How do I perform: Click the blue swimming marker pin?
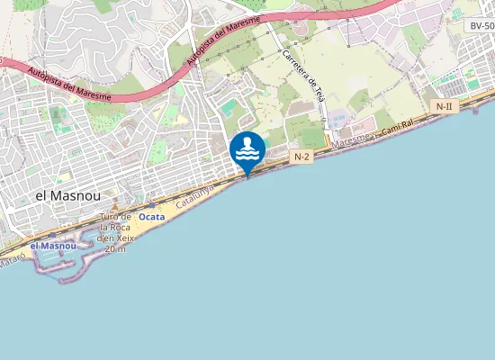pyautogui.click(x=247, y=150)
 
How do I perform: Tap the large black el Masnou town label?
pyautogui.click(x=67, y=195)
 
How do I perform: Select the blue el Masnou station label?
pyautogui.click(x=53, y=246)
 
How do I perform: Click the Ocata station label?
pyautogui.click(x=152, y=217)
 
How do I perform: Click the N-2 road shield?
pyautogui.click(x=302, y=156)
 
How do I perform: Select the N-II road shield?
pyautogui.click(x=444, y=107)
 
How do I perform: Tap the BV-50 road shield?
pyautogui.click(x=481, y=26)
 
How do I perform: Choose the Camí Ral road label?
pyautogui.click(x=397, y=126)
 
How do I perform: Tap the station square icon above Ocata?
pyautogui.click(x=151, y=206)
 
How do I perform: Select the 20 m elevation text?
pyautogui.click(x=115, y=248)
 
